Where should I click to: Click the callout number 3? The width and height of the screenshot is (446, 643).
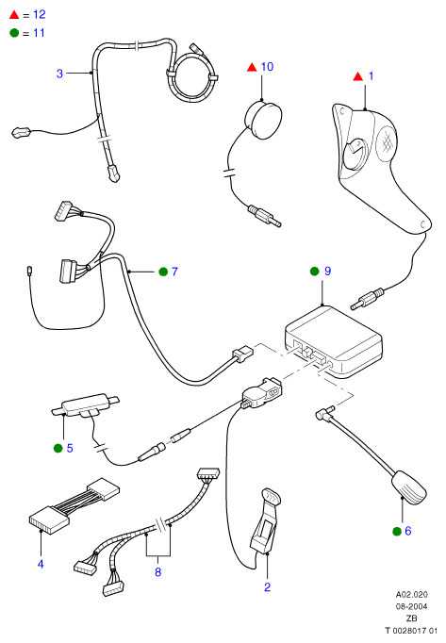point(59,74)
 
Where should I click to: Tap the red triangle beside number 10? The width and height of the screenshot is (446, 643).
point(252,67)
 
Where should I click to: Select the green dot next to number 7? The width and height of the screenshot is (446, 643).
point(163,272)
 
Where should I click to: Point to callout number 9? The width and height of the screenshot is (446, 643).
point(327,272)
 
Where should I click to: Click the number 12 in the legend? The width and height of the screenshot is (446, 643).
point(40,15)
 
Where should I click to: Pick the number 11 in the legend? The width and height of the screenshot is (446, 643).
point(39,33)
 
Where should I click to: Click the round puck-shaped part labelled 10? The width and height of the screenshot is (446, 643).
point(263,120)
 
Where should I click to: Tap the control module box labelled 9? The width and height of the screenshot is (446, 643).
point(334,341)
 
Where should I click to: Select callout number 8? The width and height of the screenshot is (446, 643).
point(158,572)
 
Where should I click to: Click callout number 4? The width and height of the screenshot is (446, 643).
point(41,564)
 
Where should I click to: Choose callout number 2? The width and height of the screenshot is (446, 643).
point(267,587)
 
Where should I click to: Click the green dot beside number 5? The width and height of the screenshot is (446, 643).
point(58,448)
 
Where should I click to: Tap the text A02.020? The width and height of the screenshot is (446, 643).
point(411,594)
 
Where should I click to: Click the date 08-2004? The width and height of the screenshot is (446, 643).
point(411,606)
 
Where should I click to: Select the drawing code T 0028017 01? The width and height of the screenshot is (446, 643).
point(411,631)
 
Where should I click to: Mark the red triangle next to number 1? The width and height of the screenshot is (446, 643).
point(358,76)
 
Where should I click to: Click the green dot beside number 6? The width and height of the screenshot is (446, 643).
point(397,532)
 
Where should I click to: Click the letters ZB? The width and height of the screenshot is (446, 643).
point(411,618)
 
